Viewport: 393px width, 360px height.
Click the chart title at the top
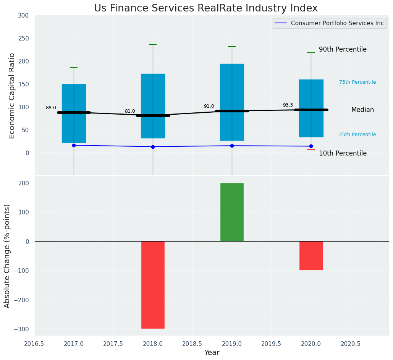click(205, 8)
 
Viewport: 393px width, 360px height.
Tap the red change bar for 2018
click(153, 285)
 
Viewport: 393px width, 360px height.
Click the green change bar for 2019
click(232, 212)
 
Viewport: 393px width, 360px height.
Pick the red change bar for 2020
click(311, 256)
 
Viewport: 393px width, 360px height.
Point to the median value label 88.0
click(51, 108)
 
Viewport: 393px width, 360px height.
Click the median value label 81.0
click(130, 111)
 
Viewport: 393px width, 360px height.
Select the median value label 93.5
click(288, 105)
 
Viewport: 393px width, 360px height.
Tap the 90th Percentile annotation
click(343, 50)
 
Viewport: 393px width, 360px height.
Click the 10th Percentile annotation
click(343, 154)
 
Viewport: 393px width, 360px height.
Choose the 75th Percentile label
click(357, 82)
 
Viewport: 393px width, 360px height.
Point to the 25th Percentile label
click(357, 135)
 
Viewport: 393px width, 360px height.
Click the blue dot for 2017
click(74, 145)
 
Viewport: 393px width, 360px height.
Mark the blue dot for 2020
click(311, 146)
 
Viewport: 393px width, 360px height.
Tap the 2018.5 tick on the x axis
click(192, 344)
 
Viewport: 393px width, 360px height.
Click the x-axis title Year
click(212, 353)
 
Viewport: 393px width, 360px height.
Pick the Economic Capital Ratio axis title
click(12, 96)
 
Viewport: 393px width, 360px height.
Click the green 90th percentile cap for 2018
click(153, 44)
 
